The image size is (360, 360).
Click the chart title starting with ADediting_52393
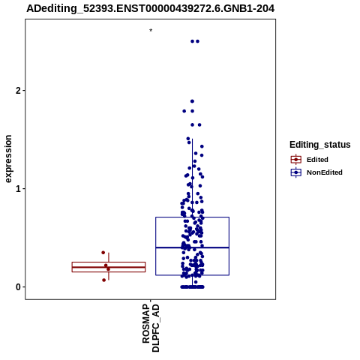(x=151, y=8)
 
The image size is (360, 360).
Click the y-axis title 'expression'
(x=8, y=159)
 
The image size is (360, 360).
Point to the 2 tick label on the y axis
(x=18, y=91)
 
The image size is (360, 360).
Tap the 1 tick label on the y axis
(x=18, y=189)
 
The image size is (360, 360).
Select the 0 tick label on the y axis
(x=18, y=287)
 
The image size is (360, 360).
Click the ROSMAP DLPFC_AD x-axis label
(x=151, y=328)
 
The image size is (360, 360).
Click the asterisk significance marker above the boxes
(x=151, y=31)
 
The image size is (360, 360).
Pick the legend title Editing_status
(x=320, y=145)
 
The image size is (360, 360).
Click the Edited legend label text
(x=317, y=160)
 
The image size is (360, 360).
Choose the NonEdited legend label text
(x=325, y=172)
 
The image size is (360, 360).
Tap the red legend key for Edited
(x=296, y=160)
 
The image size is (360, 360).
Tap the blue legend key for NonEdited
(x=296, y=172)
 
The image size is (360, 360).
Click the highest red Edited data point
(x=103, y=253)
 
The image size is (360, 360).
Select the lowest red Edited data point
(x=104, y=280)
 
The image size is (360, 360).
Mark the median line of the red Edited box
(x=109, y=267)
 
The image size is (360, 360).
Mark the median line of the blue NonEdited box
(x=192, y=247)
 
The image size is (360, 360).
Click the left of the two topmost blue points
(x=192, y=41)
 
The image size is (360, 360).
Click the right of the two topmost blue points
(x=197, y=41)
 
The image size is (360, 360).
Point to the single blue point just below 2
(x=192, y=101)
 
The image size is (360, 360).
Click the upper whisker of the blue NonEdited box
(x=192, y=178)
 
